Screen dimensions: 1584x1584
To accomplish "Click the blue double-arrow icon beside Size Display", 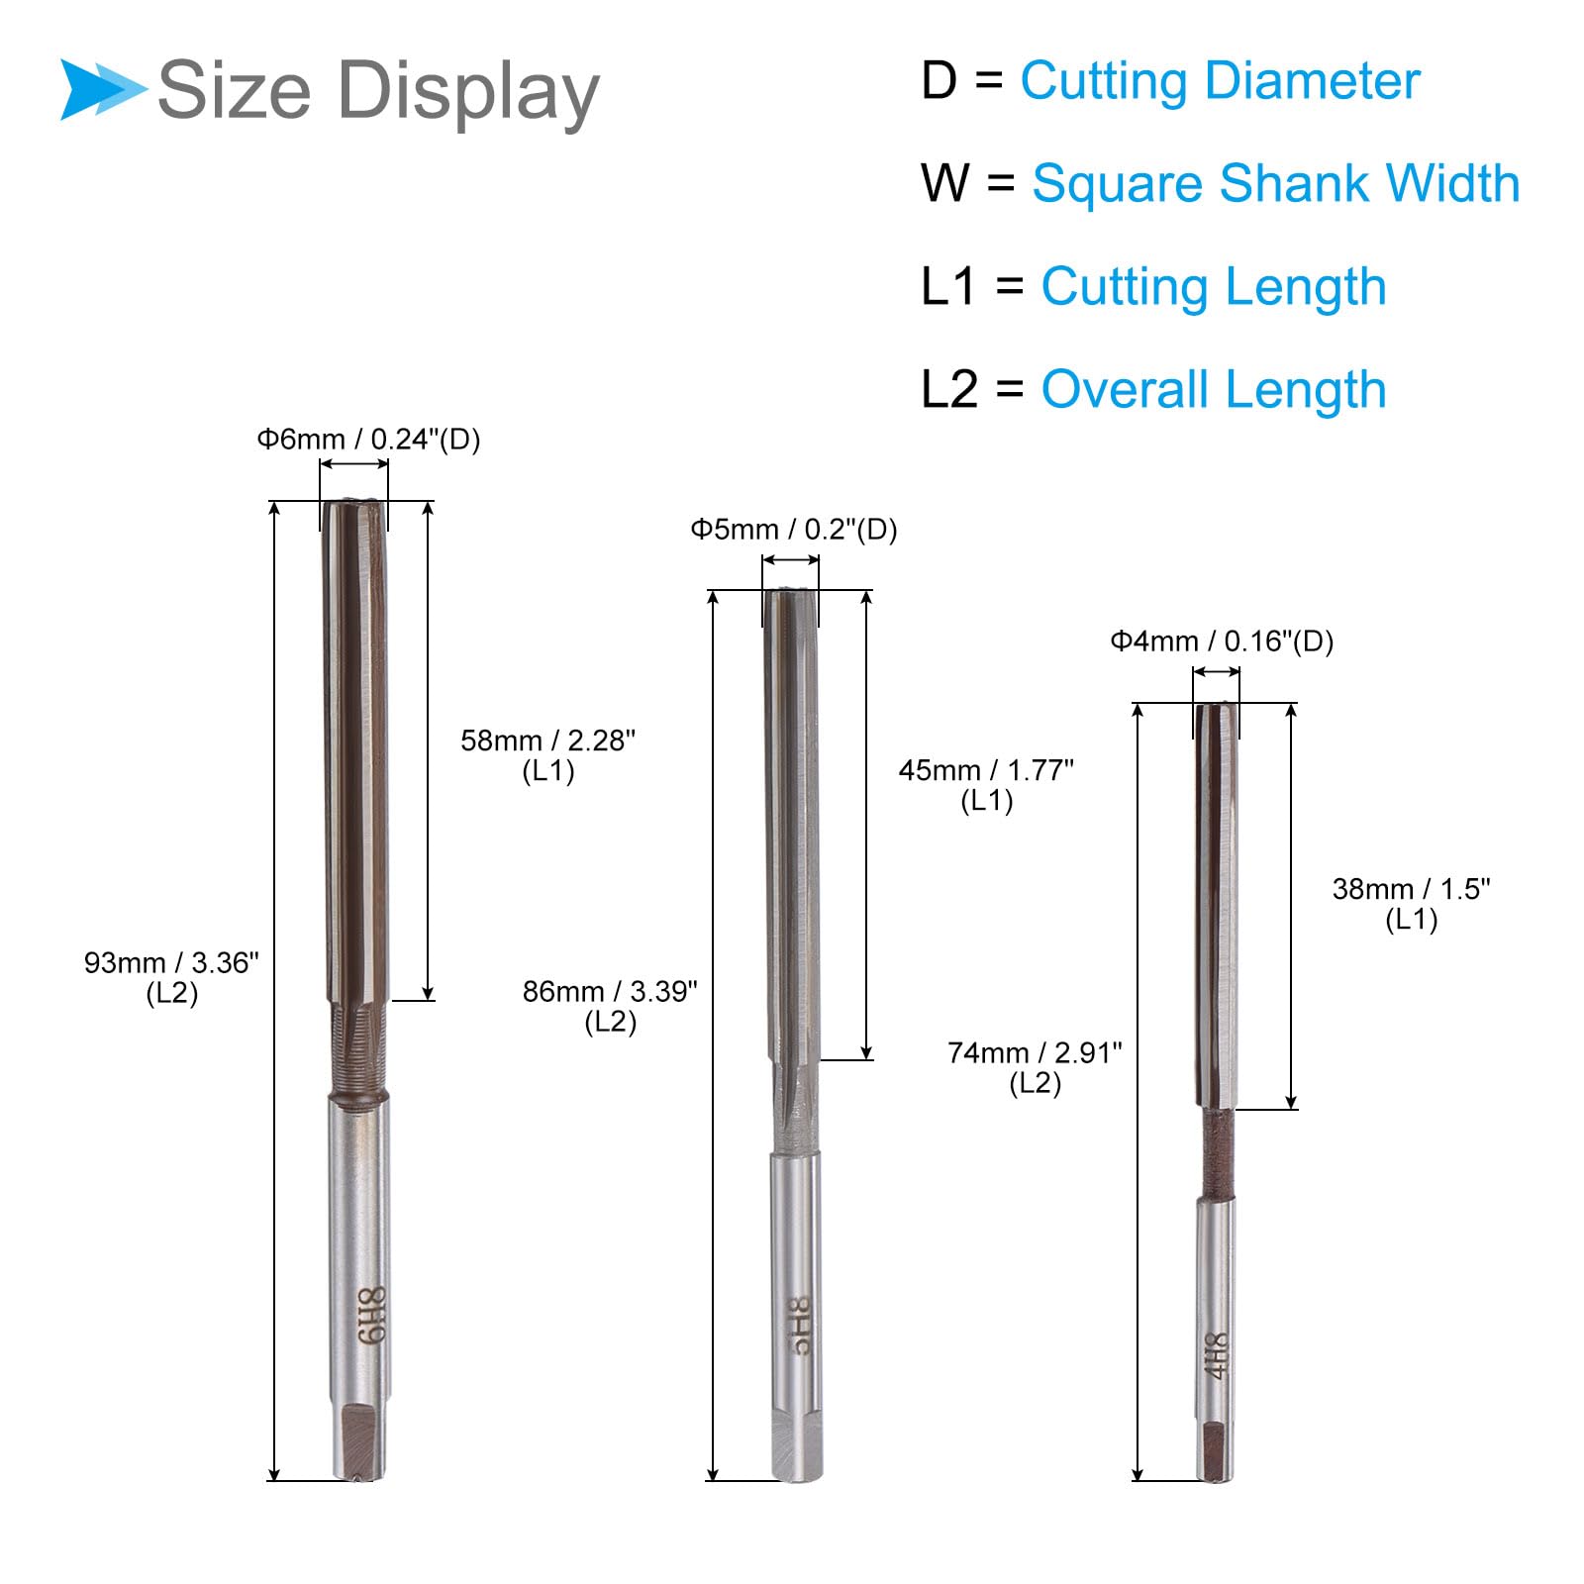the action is tap(103, 89).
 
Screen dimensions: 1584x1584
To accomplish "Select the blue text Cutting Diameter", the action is tap(1220, 82).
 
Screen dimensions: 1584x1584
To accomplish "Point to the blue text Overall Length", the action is tap(1213, 389).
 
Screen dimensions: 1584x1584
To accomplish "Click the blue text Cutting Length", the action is tap(1213, 288).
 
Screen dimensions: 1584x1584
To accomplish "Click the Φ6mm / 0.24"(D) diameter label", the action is tap(368, 439).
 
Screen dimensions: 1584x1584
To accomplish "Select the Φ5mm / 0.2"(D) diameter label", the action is tap(793, 530).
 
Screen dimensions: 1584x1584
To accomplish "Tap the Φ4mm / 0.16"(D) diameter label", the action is tap(1222, 642).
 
